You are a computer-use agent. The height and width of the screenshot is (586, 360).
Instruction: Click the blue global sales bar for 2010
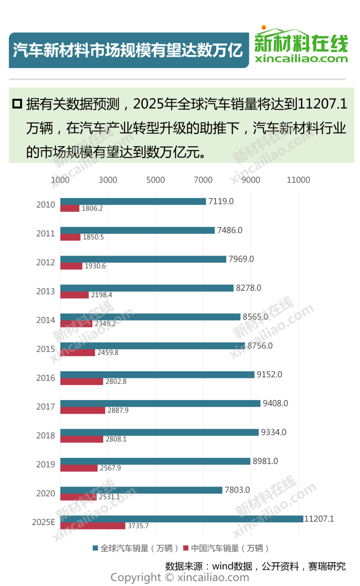[133, 201]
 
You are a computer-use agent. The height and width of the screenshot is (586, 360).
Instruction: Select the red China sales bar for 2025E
[93, 526]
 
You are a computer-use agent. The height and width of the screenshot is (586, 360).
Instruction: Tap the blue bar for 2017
[160, 404]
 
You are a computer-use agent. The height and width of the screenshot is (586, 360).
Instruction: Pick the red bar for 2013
[74, 295]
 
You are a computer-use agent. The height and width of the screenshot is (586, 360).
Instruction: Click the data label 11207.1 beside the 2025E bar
[319, 519]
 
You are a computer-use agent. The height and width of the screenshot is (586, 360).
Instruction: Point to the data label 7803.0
[237, 490]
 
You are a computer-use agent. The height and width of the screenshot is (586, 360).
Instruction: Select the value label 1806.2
[92, 208]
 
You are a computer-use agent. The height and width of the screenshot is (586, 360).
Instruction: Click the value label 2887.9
[118, 410]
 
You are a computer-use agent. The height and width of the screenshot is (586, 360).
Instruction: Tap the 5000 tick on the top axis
[156, 180]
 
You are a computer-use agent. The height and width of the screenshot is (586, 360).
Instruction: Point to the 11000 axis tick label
[298, 180]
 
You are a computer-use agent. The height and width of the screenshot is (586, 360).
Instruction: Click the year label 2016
[46, 378]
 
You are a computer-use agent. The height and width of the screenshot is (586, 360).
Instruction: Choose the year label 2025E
[43, 522]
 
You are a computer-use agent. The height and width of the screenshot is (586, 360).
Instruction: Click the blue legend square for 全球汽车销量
[95, 548]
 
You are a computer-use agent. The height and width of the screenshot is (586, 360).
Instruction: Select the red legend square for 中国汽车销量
[186, 548]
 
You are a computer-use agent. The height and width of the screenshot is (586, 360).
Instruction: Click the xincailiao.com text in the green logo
[301, 59]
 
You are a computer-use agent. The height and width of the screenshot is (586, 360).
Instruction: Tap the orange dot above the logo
[264, 27]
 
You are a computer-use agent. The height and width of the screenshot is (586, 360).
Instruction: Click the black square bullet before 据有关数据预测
[17, 104]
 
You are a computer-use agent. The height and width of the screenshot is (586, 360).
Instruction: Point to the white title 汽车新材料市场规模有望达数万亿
[128, 50]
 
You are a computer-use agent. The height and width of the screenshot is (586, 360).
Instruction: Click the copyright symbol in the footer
[169, 577]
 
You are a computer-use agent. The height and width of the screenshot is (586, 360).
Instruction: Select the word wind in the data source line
[222, 566]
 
